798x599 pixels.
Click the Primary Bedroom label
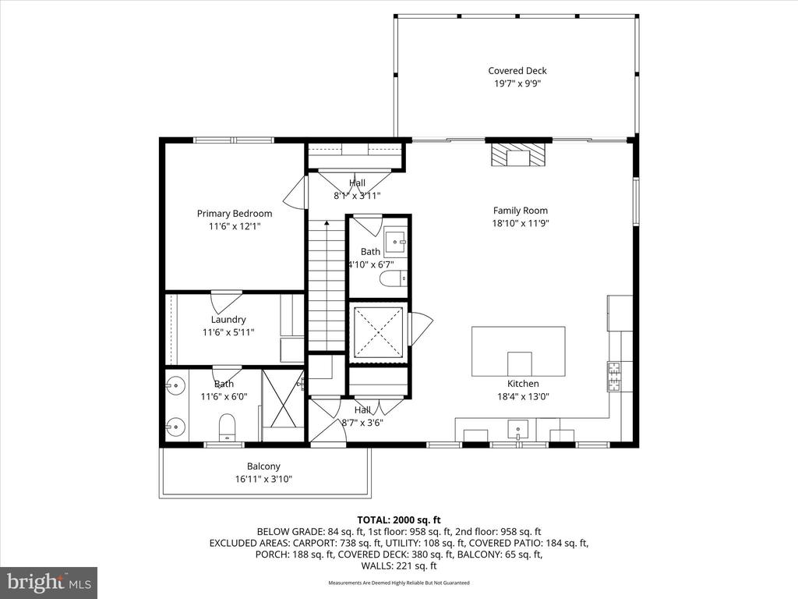point(235,214)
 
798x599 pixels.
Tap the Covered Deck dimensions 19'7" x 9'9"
point(517,83)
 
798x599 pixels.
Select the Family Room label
point(521,211)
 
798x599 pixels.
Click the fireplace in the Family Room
point(518,154)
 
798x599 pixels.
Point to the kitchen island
point(518,352)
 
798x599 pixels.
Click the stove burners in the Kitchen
point(614,375)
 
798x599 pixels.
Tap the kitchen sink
point(517,430)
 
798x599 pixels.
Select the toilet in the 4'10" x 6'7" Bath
point(394,278)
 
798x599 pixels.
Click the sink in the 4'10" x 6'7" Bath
point(395,242)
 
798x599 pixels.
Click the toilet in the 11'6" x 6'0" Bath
point(227,427)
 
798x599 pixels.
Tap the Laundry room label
point(228,319)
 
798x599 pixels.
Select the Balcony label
point(263,466)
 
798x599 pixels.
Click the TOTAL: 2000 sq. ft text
point(399,520)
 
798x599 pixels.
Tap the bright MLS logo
point(49,583)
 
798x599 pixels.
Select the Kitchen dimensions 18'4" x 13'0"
point(523,396)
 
